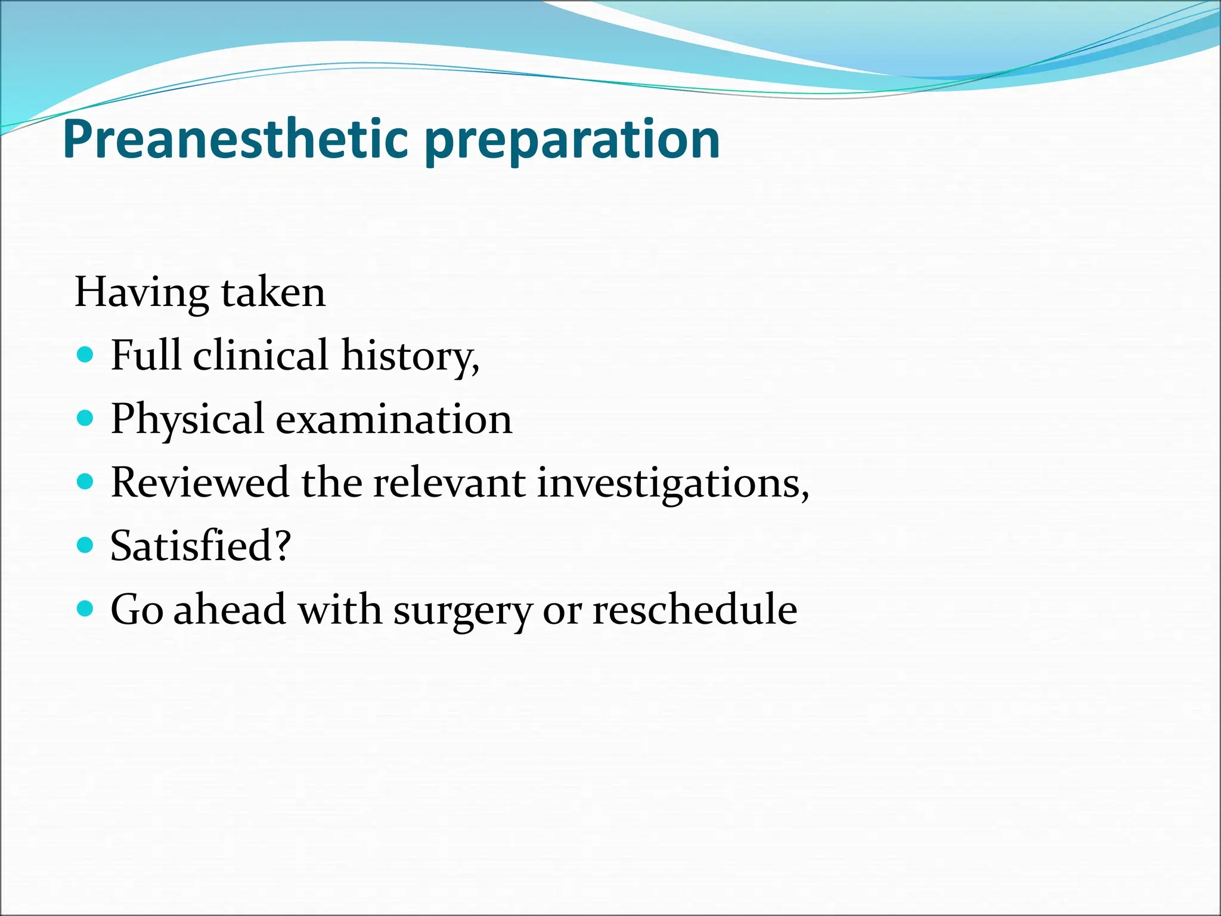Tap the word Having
point(142,293)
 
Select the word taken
point(273,293)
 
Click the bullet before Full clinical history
point(86,355)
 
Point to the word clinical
point(261,355)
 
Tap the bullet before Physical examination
point(86,419)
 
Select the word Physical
point(187,420)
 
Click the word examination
point(393,419)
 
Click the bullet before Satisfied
point(86,545)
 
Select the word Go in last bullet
point(137,610)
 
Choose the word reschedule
point(695,609)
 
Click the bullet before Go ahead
point(86,609)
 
